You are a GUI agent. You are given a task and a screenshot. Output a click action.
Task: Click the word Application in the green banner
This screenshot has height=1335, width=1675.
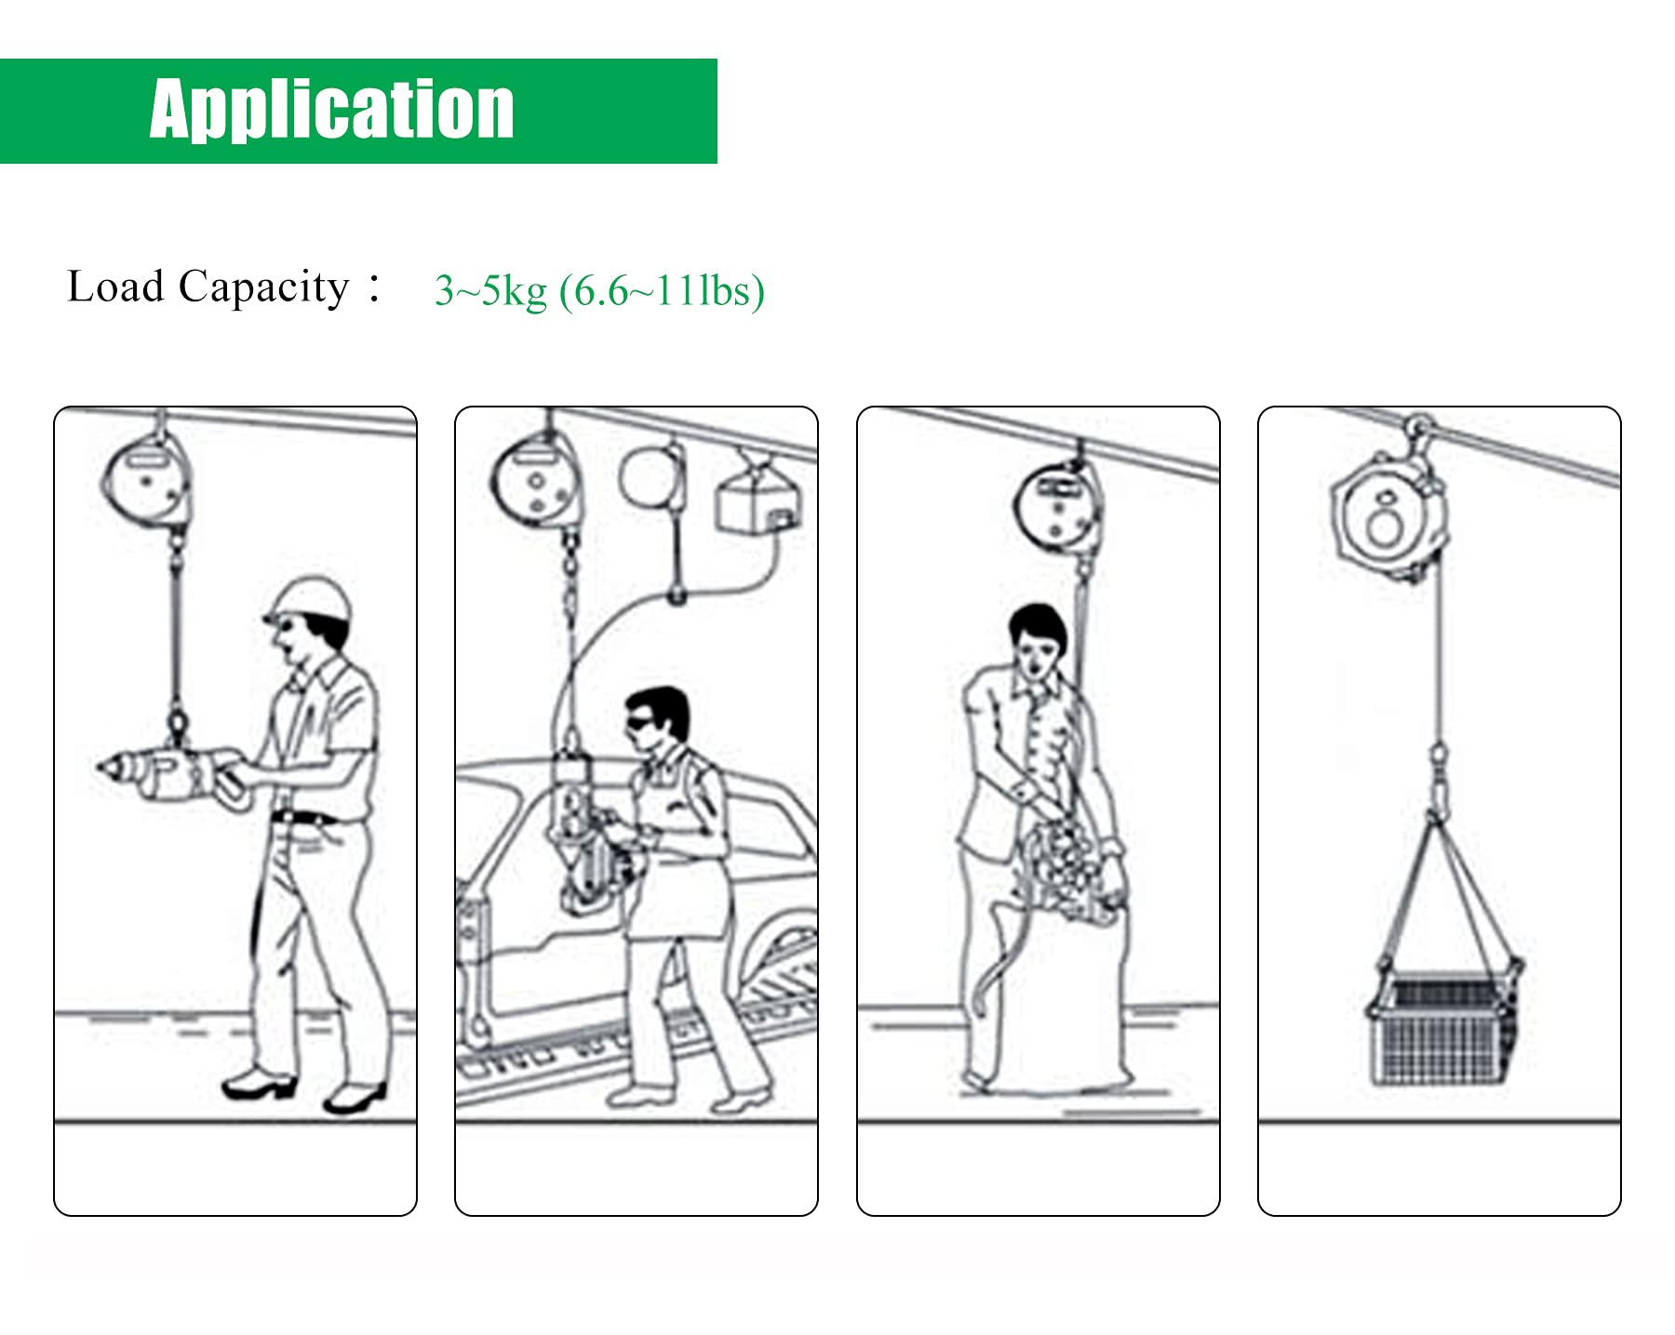point(331,110)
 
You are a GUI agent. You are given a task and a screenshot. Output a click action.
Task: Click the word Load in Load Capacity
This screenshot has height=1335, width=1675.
point(115,287)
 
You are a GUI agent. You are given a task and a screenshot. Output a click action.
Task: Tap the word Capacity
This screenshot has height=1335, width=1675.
point(263,288)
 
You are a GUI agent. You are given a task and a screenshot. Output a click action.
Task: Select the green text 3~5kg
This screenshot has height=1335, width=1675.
point(490,291)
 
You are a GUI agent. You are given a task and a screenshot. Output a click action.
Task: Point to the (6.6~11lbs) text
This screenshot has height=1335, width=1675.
point(662,291)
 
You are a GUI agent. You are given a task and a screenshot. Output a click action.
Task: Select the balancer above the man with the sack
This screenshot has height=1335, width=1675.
point(1056,507)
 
